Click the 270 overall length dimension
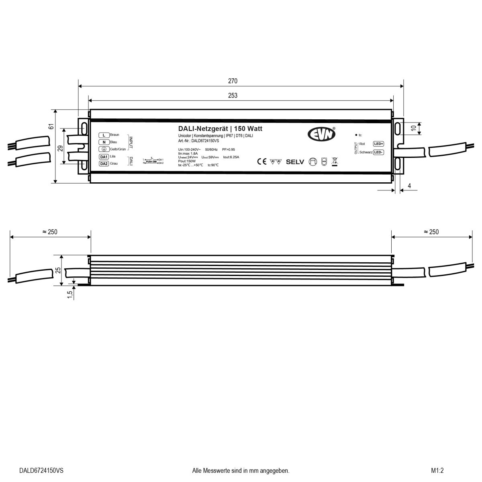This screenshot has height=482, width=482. [x=233, y=81]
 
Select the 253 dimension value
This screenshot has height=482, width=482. [x=233, y=96]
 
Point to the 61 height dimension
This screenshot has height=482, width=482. [x=51, y=127]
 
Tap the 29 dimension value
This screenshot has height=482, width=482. [x=60, y=148]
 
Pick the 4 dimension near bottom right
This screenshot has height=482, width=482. [x=409, y=186]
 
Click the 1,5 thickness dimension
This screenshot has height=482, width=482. [x=70, y=295]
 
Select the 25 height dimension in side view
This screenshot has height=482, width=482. [x=58, y=271]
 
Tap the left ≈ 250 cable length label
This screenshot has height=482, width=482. [x=50, y=232]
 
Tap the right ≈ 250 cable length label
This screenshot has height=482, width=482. [x=431, y=232]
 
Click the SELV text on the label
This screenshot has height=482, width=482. [x=296, y=162]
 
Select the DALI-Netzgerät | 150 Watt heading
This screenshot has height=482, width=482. [x=220, y=129]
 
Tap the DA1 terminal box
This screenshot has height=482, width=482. [x=104, y=157]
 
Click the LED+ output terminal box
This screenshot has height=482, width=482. [x=378, y=144]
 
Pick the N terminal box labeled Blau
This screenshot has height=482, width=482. [x=104, y=142]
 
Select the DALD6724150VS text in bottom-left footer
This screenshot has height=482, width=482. [x=41, y=470]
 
